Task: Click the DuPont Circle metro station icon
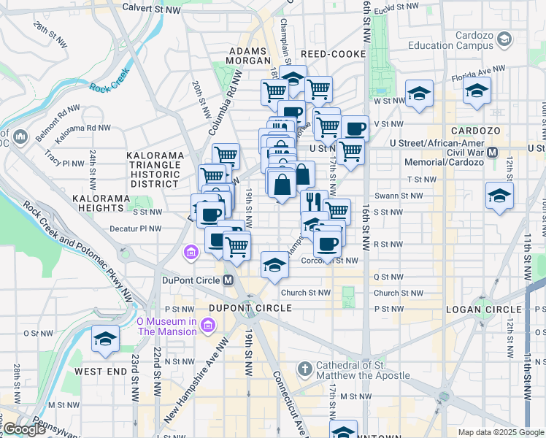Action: point(228,280)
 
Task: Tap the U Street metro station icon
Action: point(492,152)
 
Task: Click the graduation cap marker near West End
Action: point(106,339)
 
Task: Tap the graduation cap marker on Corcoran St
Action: point(274,264)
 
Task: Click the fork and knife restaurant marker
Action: point(314,200)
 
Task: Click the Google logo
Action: point(24,429)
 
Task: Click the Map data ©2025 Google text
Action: point(500,432)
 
